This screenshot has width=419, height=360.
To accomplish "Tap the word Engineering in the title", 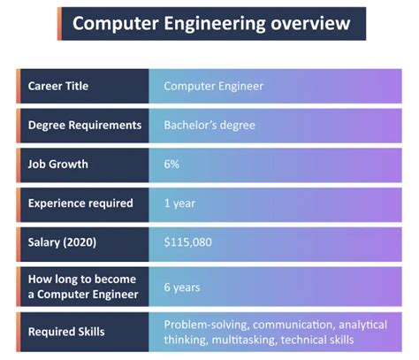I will (209, 23).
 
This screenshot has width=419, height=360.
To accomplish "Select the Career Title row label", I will (58, 86).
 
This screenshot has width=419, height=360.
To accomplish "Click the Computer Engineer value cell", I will (213, 86).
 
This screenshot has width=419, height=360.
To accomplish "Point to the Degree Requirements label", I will (85, 125).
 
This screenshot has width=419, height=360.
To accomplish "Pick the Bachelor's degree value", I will (209, 125).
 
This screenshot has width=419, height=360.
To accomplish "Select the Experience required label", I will (80, 203).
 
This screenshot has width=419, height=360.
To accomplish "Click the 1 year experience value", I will (180, 203).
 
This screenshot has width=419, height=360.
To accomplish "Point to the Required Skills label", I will (65, 332).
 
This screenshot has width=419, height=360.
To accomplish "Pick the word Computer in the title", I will (111, 23).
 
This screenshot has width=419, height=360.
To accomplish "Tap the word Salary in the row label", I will (47, 241).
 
